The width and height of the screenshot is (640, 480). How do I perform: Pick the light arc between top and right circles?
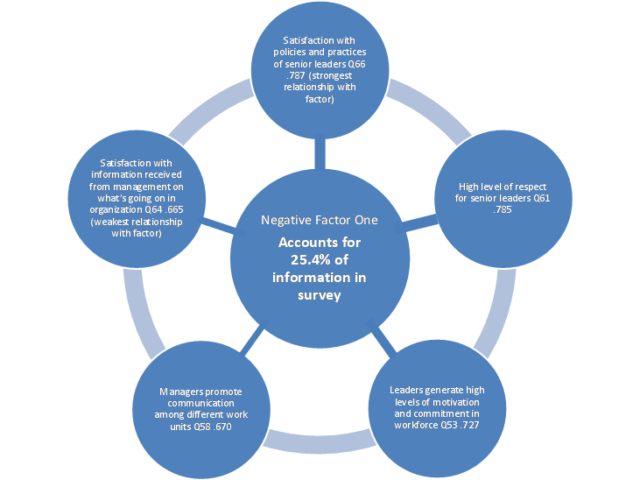coord(428,106)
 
